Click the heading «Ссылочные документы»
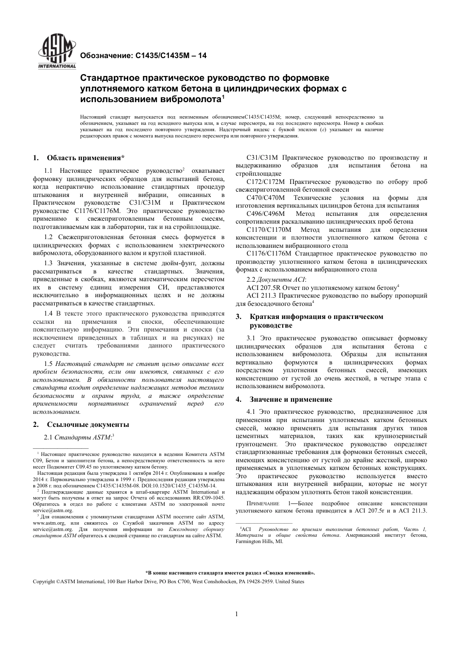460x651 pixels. tap(88, 424)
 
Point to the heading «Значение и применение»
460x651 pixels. tap(291, 399)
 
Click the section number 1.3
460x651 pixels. tap(48, 262)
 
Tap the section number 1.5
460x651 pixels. tap(48, 363)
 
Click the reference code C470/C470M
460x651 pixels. tap(266, 197)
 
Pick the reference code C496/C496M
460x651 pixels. tap(266, 213)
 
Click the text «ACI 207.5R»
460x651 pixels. tap(263, 288)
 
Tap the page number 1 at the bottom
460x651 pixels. tap(237, 614)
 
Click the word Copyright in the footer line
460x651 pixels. tap(44, 581)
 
